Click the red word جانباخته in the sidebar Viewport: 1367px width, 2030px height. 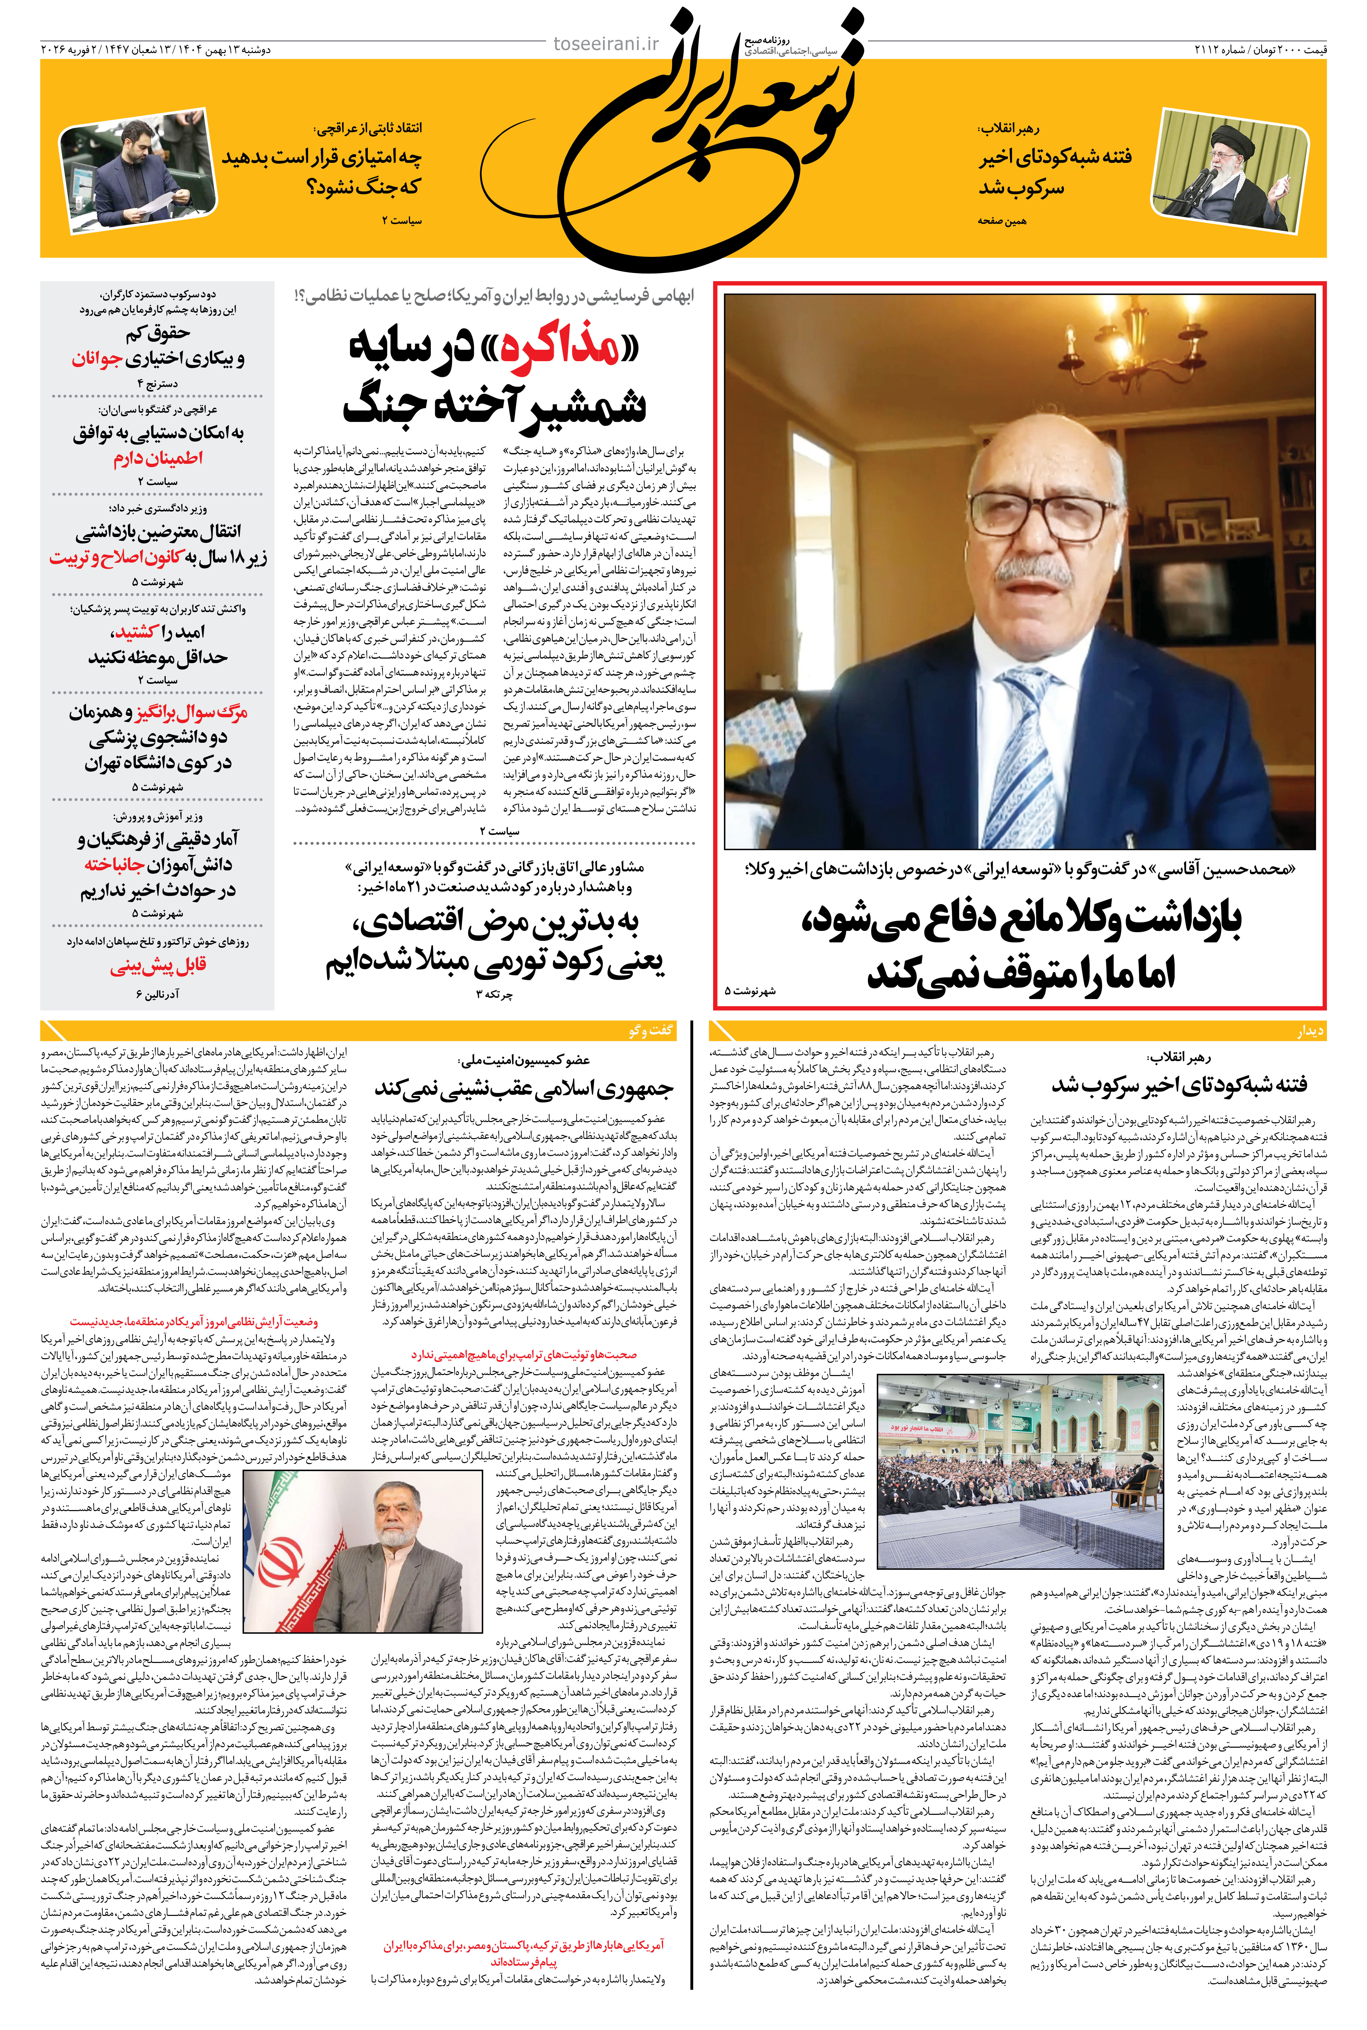coord(113,865)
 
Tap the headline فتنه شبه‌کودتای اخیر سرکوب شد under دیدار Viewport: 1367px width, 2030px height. coord(1179,1085)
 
